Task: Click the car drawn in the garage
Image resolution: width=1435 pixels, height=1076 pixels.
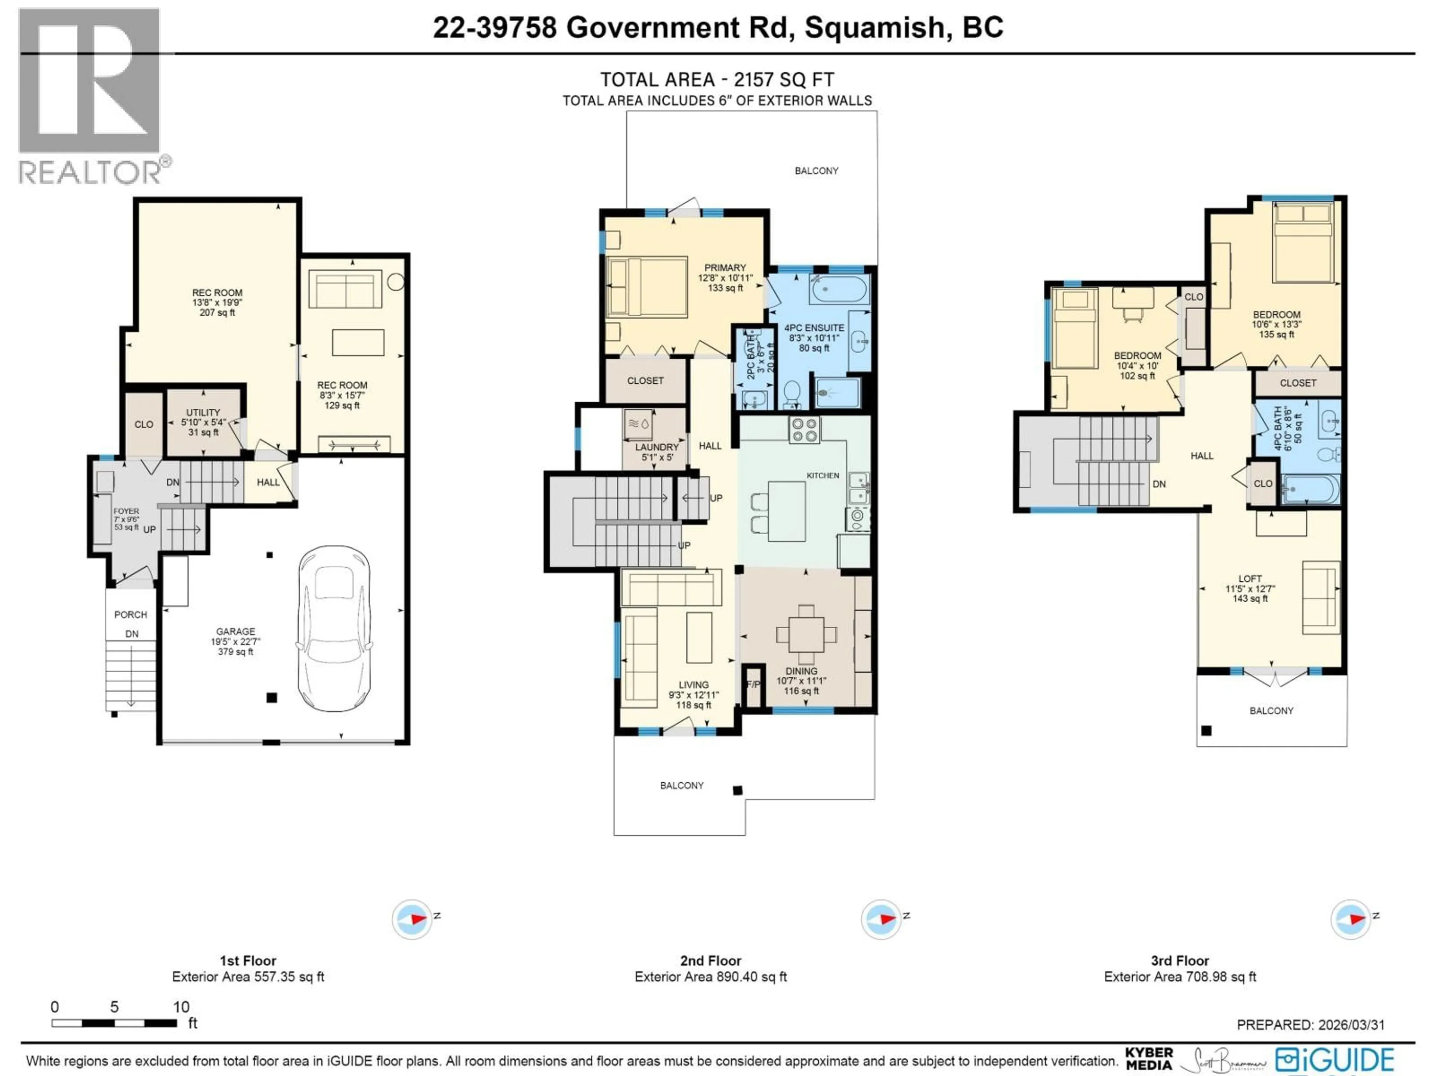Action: (334, 628)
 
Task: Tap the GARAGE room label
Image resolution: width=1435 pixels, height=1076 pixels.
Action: (235, 631)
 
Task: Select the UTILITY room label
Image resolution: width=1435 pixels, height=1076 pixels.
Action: (203, 412)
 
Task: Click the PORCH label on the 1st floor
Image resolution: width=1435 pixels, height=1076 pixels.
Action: (130, 614)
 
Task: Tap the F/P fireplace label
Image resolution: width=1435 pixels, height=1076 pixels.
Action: (753, 684)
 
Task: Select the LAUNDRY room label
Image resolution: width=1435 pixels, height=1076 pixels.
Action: (657, 447)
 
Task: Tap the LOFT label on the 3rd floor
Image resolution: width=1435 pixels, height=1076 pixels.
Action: (1250, 578)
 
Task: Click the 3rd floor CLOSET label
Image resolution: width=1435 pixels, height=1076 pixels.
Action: (1297, 383)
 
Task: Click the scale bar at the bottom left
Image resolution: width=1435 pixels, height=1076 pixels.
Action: (114, 1023)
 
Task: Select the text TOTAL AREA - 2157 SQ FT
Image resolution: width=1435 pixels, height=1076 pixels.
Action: (717, 79)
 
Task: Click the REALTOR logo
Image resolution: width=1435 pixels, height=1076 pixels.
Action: (91, 97)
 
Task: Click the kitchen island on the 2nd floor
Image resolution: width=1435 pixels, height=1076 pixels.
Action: (787, 511)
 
